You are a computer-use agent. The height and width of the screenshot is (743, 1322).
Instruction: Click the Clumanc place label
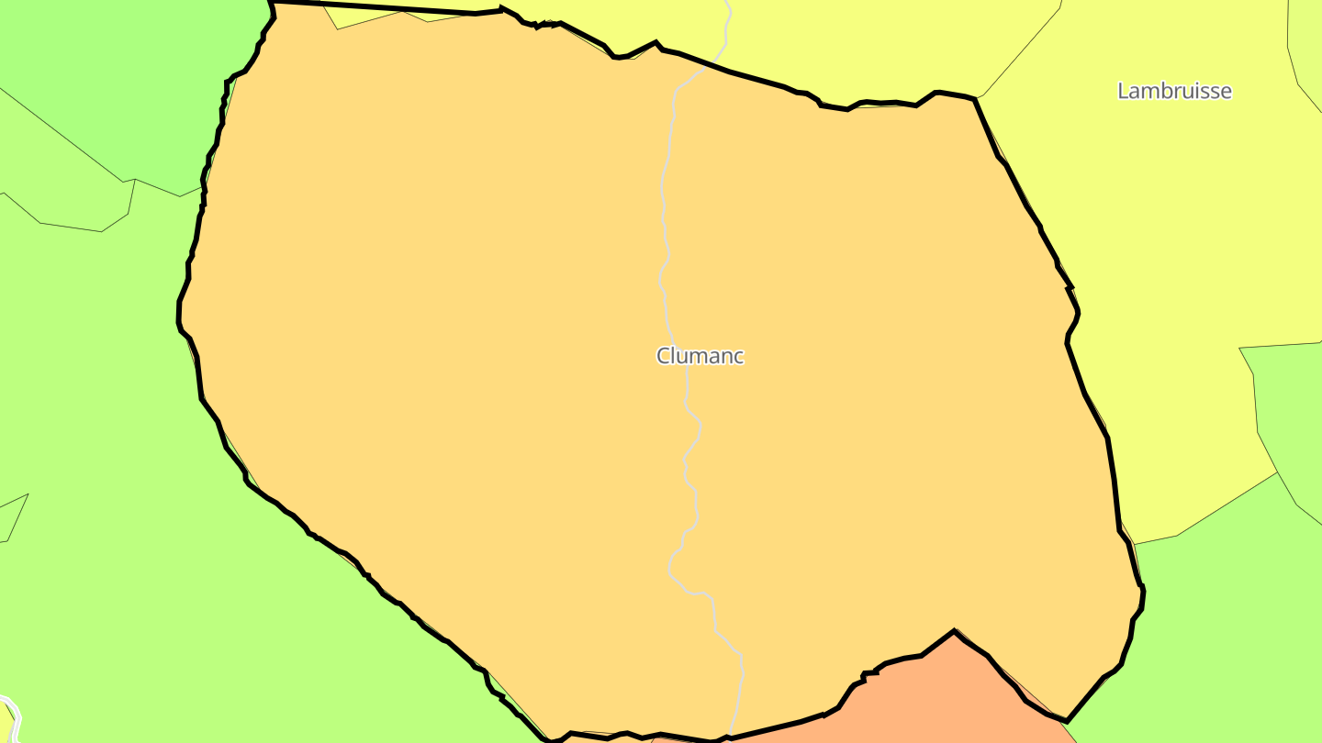[700, 356]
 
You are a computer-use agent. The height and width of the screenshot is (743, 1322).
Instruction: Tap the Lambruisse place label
[1174, 91]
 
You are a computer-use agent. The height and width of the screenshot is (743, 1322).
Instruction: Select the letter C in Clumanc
[664, 356]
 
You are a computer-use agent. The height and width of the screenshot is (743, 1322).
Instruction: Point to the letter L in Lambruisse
[1123, 91]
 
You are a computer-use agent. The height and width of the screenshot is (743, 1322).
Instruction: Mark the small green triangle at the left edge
[11, 518]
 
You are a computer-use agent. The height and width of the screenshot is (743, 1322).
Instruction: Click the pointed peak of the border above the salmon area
[955, 631]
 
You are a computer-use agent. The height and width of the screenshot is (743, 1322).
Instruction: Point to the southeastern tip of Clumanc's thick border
[1066, 720]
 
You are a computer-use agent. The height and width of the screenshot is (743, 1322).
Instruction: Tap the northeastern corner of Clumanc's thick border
[974, 99]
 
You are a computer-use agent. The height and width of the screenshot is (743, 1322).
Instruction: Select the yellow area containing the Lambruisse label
[1148, 229]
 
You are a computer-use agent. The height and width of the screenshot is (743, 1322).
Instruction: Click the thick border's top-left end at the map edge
[271, 3]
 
